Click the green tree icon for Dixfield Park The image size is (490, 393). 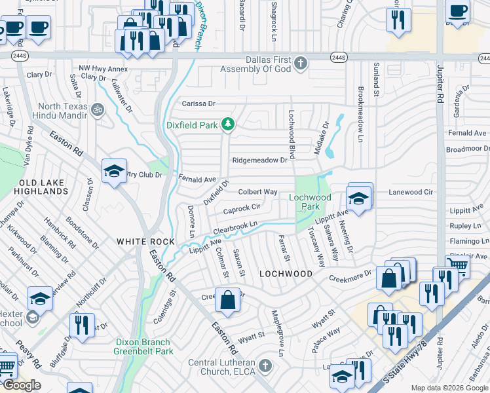coord(227,123)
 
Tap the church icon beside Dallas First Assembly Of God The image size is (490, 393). coord(301,64)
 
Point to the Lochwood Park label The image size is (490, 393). coord(311,202)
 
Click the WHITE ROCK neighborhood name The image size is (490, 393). coord(145,242)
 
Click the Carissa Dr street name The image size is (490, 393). coord(198,103)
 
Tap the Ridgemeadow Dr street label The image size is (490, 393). coord(260,160)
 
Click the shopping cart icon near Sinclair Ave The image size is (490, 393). coord(457,265)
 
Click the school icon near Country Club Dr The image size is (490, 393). coord(114,172)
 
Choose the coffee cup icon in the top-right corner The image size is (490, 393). coord(457,10)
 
